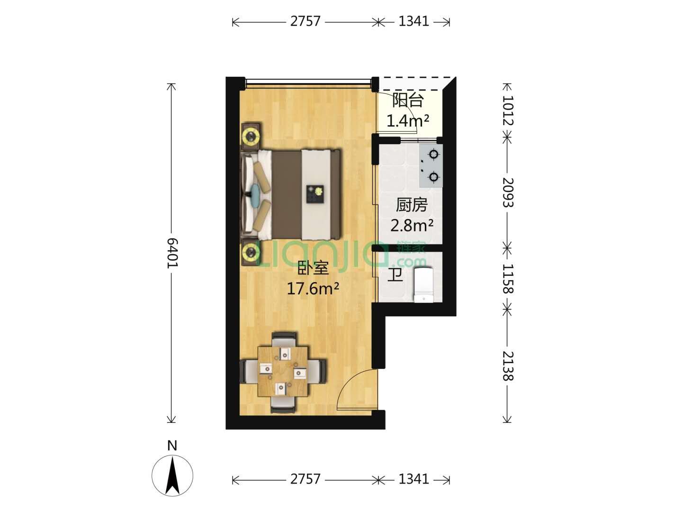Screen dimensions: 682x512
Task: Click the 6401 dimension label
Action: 172,253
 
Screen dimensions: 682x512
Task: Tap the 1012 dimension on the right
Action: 508,110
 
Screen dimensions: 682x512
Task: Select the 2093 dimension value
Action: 508,193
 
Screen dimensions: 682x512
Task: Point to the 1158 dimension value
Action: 508,279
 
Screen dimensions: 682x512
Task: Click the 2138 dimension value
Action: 508,366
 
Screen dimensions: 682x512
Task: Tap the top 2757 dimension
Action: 305,21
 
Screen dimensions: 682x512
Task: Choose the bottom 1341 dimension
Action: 414,479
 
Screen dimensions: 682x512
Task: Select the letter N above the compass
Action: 172,446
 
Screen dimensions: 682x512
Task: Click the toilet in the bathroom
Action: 423,284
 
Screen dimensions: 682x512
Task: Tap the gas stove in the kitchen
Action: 431,166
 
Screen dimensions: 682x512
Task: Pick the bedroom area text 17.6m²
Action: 313,289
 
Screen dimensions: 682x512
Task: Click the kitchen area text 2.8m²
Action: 412,225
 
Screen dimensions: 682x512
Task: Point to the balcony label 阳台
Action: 408,100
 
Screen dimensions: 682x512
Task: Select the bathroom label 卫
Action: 395,275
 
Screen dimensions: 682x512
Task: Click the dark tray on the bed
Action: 315,194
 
